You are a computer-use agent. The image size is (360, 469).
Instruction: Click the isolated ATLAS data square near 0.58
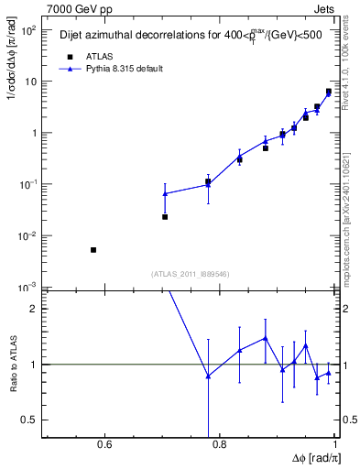[x=93, y=249]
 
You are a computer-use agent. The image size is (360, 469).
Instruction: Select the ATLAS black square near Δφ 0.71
[x=165, y=217]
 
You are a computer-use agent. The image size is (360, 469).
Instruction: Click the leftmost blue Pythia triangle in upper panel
[x=165, y=193]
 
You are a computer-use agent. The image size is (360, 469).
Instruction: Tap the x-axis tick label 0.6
[x=104, y=446]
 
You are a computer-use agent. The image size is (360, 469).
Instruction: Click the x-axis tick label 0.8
[x=218, y=446]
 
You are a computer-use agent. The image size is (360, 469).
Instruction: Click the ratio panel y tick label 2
[x=33, y=309]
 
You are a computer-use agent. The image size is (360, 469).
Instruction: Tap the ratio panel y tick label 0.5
[x=29, y=420]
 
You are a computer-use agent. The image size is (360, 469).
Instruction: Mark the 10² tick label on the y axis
[x=27, y=30]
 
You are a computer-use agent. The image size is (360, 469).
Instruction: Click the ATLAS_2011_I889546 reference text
[x=190, y=273]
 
